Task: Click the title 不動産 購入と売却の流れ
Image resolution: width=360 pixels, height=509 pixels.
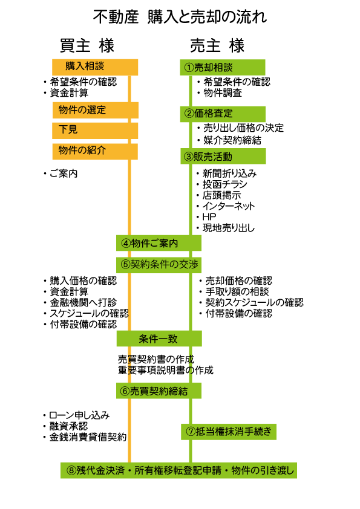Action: pos(180,16)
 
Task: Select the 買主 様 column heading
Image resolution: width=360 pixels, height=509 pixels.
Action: pos(87,45)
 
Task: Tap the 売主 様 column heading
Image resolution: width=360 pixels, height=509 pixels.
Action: pos(217,45)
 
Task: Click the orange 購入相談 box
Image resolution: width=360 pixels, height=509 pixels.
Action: pos(95,67)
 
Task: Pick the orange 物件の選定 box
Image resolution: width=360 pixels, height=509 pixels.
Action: pos(96,111)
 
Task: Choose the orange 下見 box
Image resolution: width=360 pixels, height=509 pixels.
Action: pos(95,131)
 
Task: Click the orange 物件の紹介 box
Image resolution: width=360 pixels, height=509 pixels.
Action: pos(95,151)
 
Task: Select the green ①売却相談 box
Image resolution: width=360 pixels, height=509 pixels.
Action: pos(223,67)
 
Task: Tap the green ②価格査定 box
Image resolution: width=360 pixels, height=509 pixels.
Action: pos(223,114)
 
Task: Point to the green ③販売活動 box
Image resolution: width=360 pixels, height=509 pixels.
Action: pos(223,156)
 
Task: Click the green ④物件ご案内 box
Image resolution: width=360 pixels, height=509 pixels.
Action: pos(159,243)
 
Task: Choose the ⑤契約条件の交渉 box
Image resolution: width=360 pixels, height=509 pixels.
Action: pos(159,265)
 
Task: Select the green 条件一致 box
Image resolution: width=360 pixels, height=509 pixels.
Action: pos(159,339)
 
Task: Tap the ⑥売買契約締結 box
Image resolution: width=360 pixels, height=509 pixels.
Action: pos(159,391)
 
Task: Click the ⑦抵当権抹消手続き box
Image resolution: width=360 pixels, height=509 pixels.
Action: pos(229,432)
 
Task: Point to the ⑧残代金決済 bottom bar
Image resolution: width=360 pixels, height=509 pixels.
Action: pos(178,470)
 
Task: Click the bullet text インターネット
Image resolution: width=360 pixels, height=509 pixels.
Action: pos(229,206)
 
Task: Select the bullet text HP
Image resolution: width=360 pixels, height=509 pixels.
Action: pos(209,217)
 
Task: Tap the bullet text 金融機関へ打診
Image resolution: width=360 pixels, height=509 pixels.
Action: pos(83,302)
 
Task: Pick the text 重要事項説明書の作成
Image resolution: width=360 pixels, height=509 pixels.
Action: pos(166,370)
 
